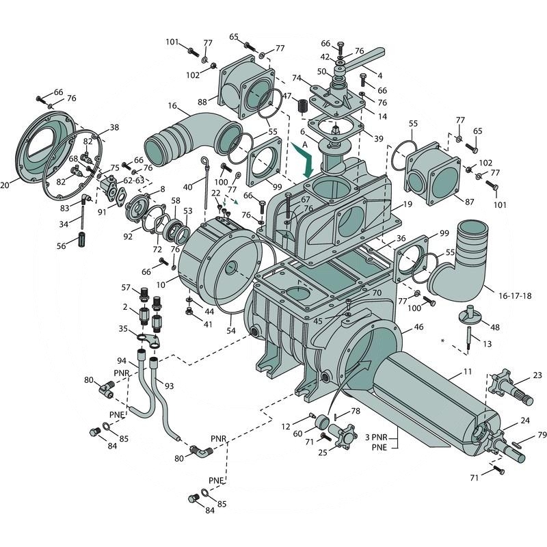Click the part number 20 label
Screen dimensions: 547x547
tap(5, 185)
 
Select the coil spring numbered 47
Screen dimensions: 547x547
tap(303, 106)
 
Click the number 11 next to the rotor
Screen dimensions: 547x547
tap(468, 371)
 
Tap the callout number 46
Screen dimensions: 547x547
tap(418, 327)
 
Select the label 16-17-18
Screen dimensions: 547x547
tap(515, 296)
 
